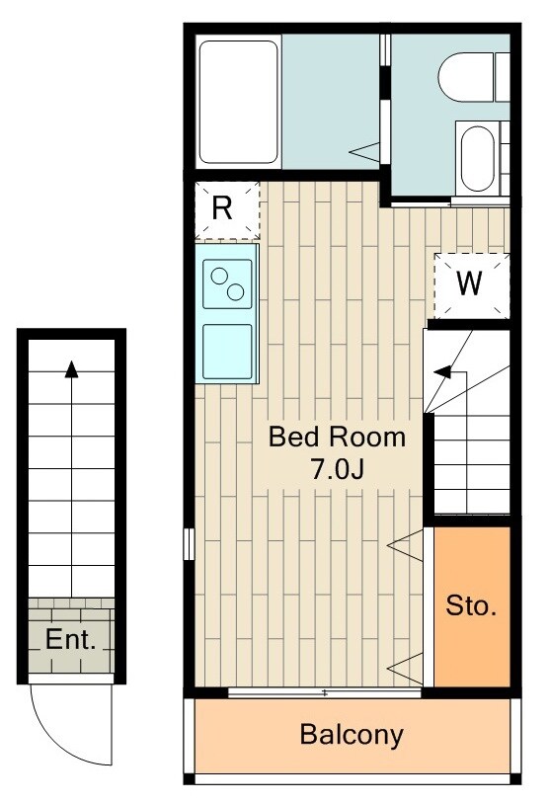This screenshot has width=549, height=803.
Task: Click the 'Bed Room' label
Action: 337,437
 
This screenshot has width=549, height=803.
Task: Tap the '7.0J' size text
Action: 337,468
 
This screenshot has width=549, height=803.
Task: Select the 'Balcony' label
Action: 352,735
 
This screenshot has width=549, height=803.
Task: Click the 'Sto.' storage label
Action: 471,605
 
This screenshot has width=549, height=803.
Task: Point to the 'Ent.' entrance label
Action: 71,639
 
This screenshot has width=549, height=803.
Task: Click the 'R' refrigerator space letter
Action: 222,208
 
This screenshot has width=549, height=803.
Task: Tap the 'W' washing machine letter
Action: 469,282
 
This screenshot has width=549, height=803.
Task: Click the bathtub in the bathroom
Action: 238,102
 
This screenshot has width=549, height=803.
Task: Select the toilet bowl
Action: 467,76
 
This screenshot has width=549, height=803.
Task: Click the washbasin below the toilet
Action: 477,159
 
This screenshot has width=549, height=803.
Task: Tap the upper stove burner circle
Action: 219,276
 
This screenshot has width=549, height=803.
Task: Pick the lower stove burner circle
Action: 236,292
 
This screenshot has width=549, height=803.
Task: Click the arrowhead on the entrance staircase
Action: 71,369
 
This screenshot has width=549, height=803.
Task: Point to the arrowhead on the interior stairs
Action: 442,371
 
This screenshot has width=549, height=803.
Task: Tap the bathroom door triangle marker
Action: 364,151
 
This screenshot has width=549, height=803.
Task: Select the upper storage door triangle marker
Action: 405,545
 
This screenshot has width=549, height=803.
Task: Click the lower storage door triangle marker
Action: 405,669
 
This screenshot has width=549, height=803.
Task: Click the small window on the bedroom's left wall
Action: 189,544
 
